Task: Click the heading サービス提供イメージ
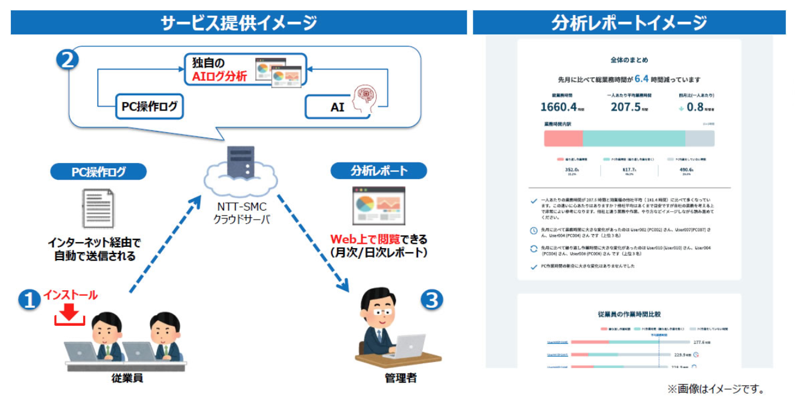238,23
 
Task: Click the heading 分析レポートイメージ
629,23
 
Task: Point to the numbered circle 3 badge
431,300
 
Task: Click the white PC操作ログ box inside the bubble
149,107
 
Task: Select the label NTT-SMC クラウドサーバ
241,213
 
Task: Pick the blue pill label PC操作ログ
98,171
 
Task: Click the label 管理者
401,378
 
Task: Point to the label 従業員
127,378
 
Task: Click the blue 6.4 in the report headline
641,78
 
